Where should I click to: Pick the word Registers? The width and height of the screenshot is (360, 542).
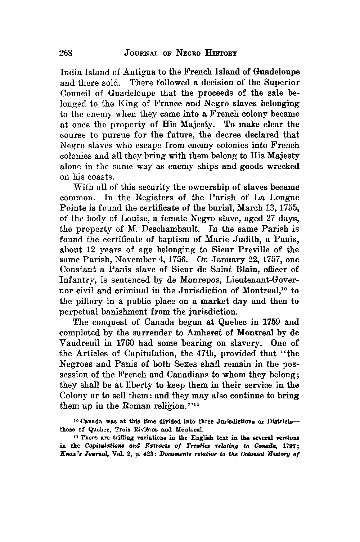pos(147,198)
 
